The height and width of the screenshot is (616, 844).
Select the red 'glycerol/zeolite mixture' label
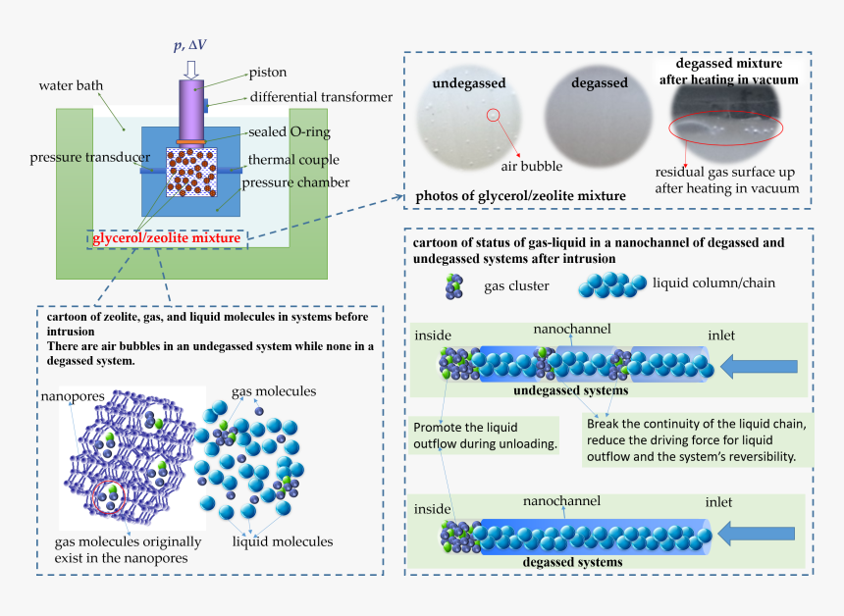tap(167, 237)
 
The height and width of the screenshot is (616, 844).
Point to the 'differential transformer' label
tap(321, 97)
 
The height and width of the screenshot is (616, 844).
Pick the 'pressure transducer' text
tap(89, 157)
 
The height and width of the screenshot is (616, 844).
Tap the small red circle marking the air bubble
tap(494, 116)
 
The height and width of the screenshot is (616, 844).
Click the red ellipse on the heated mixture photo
tap(725, 130)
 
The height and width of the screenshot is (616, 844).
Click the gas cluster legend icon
tap(453, 286)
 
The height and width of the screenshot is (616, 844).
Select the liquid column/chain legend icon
tap(612, 285)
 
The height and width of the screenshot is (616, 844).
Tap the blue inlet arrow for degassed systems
tap(759, 535)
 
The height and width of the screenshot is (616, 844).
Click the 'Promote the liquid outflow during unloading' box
tap(486, 436)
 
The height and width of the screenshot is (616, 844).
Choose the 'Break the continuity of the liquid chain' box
tap(695, 439)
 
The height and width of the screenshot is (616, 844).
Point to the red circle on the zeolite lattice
tap(108, 498)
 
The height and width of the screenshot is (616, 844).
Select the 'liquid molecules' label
tap(282, 541)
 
